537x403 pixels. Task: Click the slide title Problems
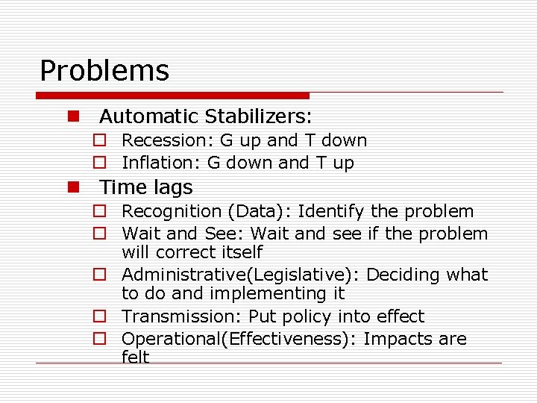(x=104, y=71)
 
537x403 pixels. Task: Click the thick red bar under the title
(x=172, y=96)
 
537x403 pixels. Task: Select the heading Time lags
(x=146, y=187)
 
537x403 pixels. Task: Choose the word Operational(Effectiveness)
(x=239, y=339)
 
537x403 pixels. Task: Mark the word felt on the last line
(x=136, y=357)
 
